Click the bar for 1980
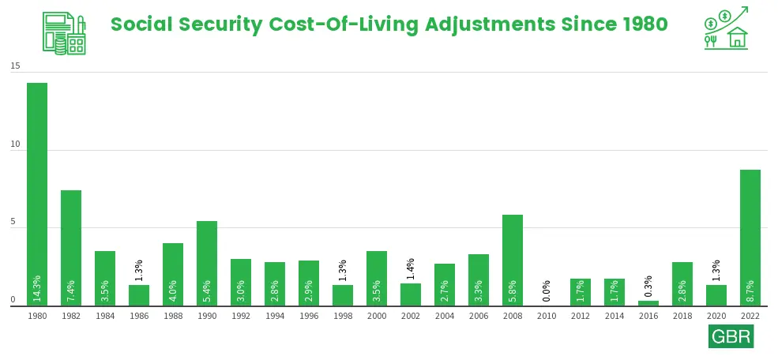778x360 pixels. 37,194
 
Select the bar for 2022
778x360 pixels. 750,238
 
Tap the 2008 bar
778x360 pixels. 512,261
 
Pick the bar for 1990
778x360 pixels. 207,264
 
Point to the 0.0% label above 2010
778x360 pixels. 547,291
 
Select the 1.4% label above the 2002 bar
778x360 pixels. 411,269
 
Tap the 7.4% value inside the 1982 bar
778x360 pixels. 71,291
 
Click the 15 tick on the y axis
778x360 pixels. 15,66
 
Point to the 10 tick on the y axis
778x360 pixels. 15,144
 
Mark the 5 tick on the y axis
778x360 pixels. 13,223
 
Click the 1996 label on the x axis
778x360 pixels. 309,316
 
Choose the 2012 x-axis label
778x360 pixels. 581,316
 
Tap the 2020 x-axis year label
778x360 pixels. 716,316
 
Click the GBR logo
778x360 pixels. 731,336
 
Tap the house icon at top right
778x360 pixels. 737,37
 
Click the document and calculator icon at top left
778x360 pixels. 64,33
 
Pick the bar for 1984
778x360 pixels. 105,279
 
